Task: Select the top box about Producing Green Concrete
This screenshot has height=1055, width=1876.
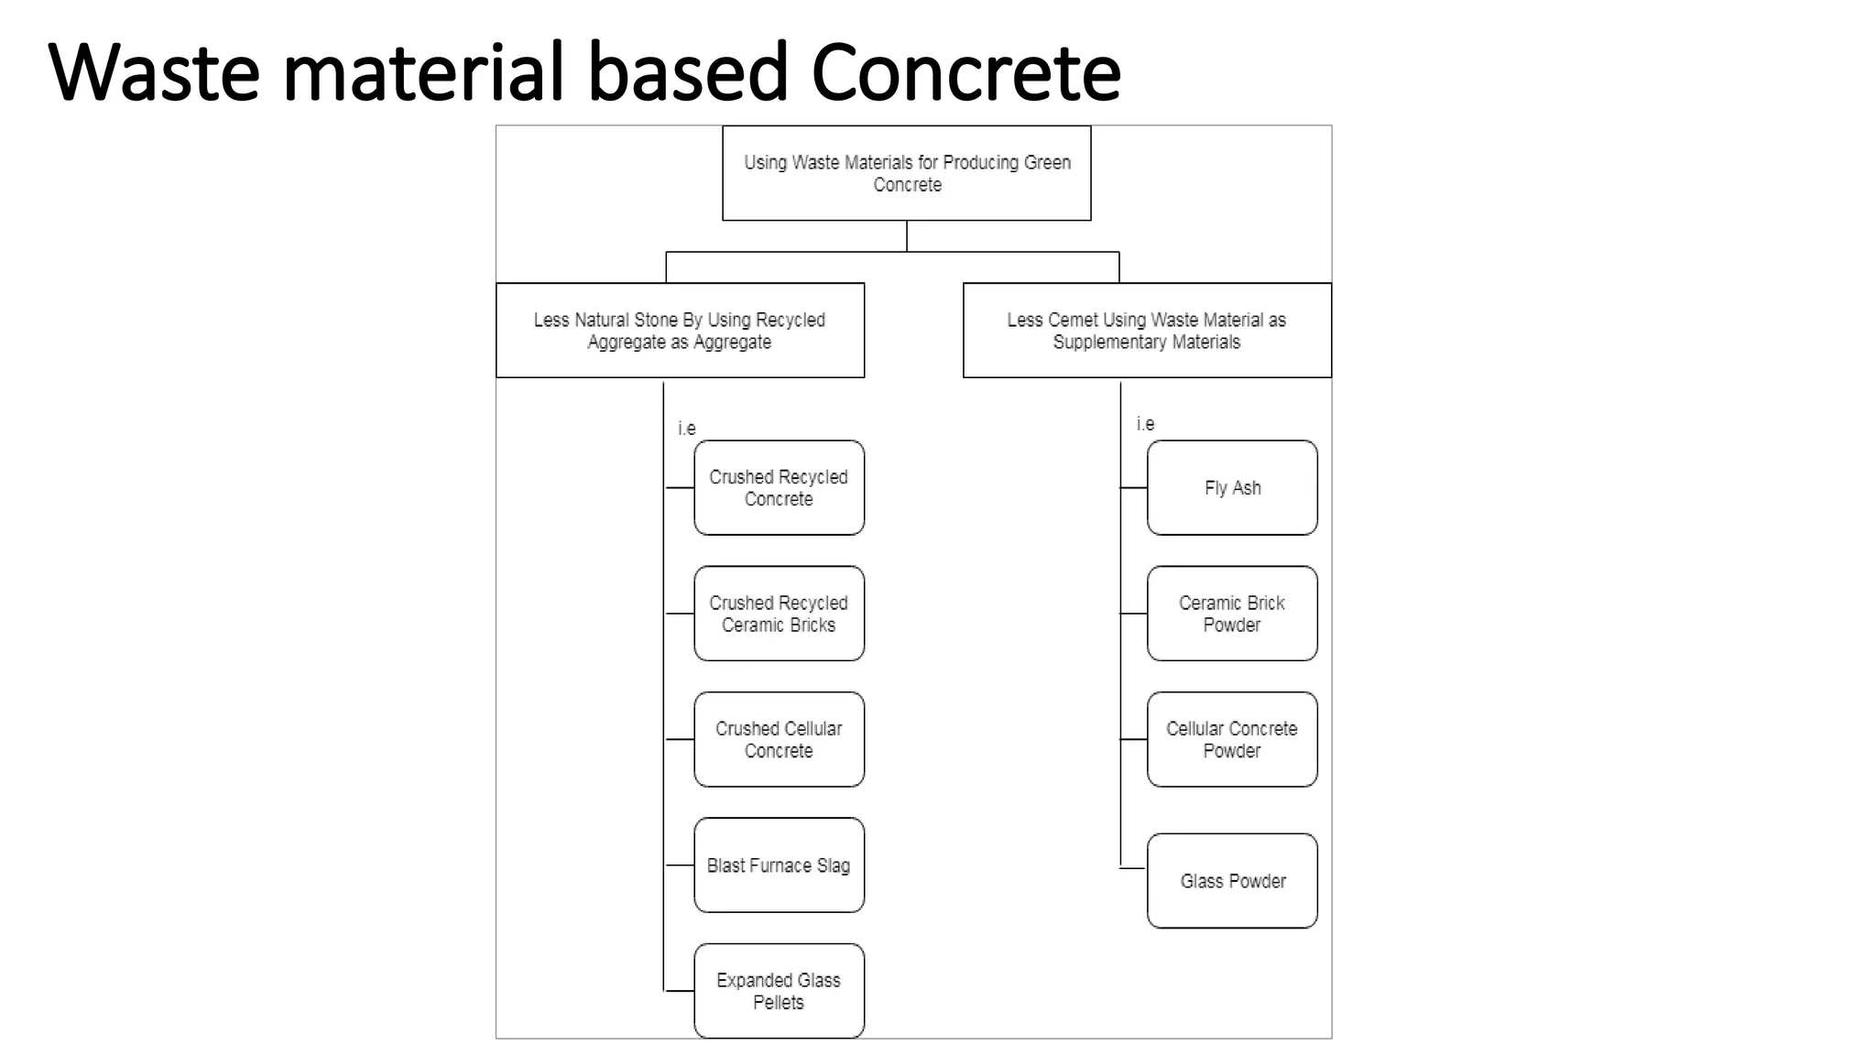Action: point(906,173)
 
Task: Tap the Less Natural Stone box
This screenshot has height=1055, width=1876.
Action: point(680,330)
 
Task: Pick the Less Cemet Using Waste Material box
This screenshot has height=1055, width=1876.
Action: point(1147,330)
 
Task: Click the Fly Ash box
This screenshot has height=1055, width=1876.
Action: point(1232,487)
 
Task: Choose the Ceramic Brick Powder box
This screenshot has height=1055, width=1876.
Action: point(1232,614)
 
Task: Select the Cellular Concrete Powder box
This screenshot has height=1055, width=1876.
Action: point(1232,739)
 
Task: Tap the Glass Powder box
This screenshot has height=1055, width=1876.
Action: point(1232,880)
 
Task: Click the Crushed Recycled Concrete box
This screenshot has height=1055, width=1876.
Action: point(779,487)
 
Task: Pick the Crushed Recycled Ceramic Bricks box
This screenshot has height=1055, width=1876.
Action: point(779,614)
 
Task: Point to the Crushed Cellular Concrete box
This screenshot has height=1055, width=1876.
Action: point(779,739)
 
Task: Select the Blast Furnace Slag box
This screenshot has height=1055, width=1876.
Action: point(779,865)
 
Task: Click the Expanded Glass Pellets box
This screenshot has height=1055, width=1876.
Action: point(779,990)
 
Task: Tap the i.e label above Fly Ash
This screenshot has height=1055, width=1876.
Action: point(1145,423)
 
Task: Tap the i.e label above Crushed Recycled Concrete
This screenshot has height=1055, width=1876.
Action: point(686,428)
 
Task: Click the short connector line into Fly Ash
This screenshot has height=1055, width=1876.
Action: point(1133,488)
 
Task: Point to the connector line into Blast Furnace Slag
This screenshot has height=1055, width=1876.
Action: point(679,865)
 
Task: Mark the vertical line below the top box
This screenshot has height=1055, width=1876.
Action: point(907,235)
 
